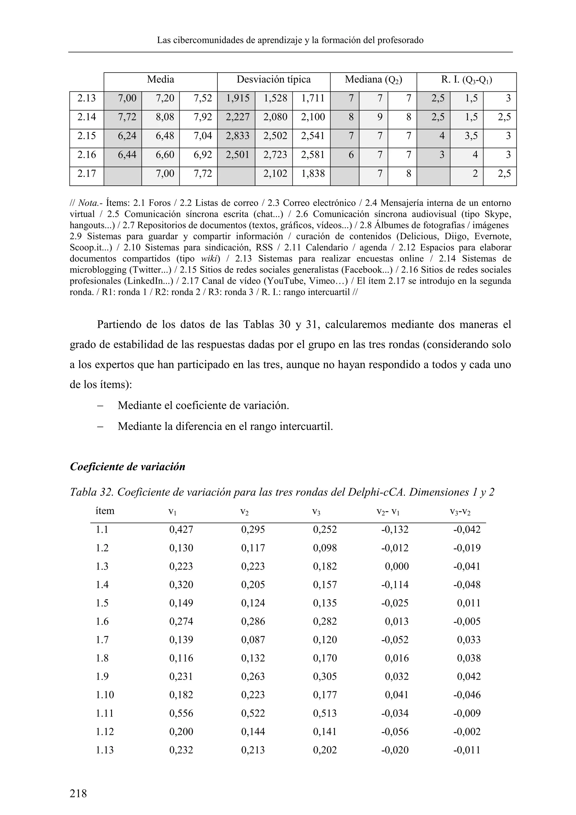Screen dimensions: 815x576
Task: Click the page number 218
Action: (78, 793)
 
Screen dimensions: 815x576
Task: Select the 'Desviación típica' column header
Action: (273, 80)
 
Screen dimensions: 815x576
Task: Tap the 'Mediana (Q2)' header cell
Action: (373, 80)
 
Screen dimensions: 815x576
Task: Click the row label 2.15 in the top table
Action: (87, 136)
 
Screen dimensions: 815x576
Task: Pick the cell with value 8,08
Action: (165, 117)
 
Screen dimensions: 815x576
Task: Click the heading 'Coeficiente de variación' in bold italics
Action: (128, 466)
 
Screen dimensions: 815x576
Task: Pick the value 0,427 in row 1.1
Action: (181, 530)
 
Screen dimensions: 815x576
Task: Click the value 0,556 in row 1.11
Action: (181, 713)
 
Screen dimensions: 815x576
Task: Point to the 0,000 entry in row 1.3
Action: (397, 566)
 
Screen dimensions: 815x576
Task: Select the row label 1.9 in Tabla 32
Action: (102, 677)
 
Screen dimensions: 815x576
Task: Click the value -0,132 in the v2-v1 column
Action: (395, 530)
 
